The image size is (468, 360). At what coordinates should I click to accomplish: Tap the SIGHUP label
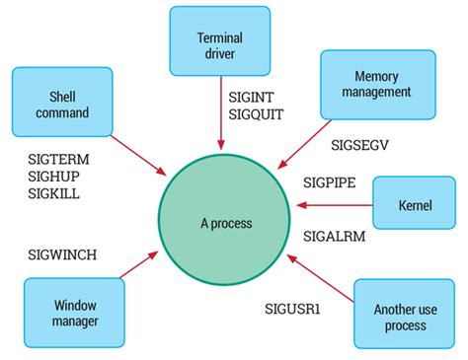pos(54,176)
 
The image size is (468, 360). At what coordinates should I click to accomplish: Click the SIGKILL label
pos(53,193)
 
